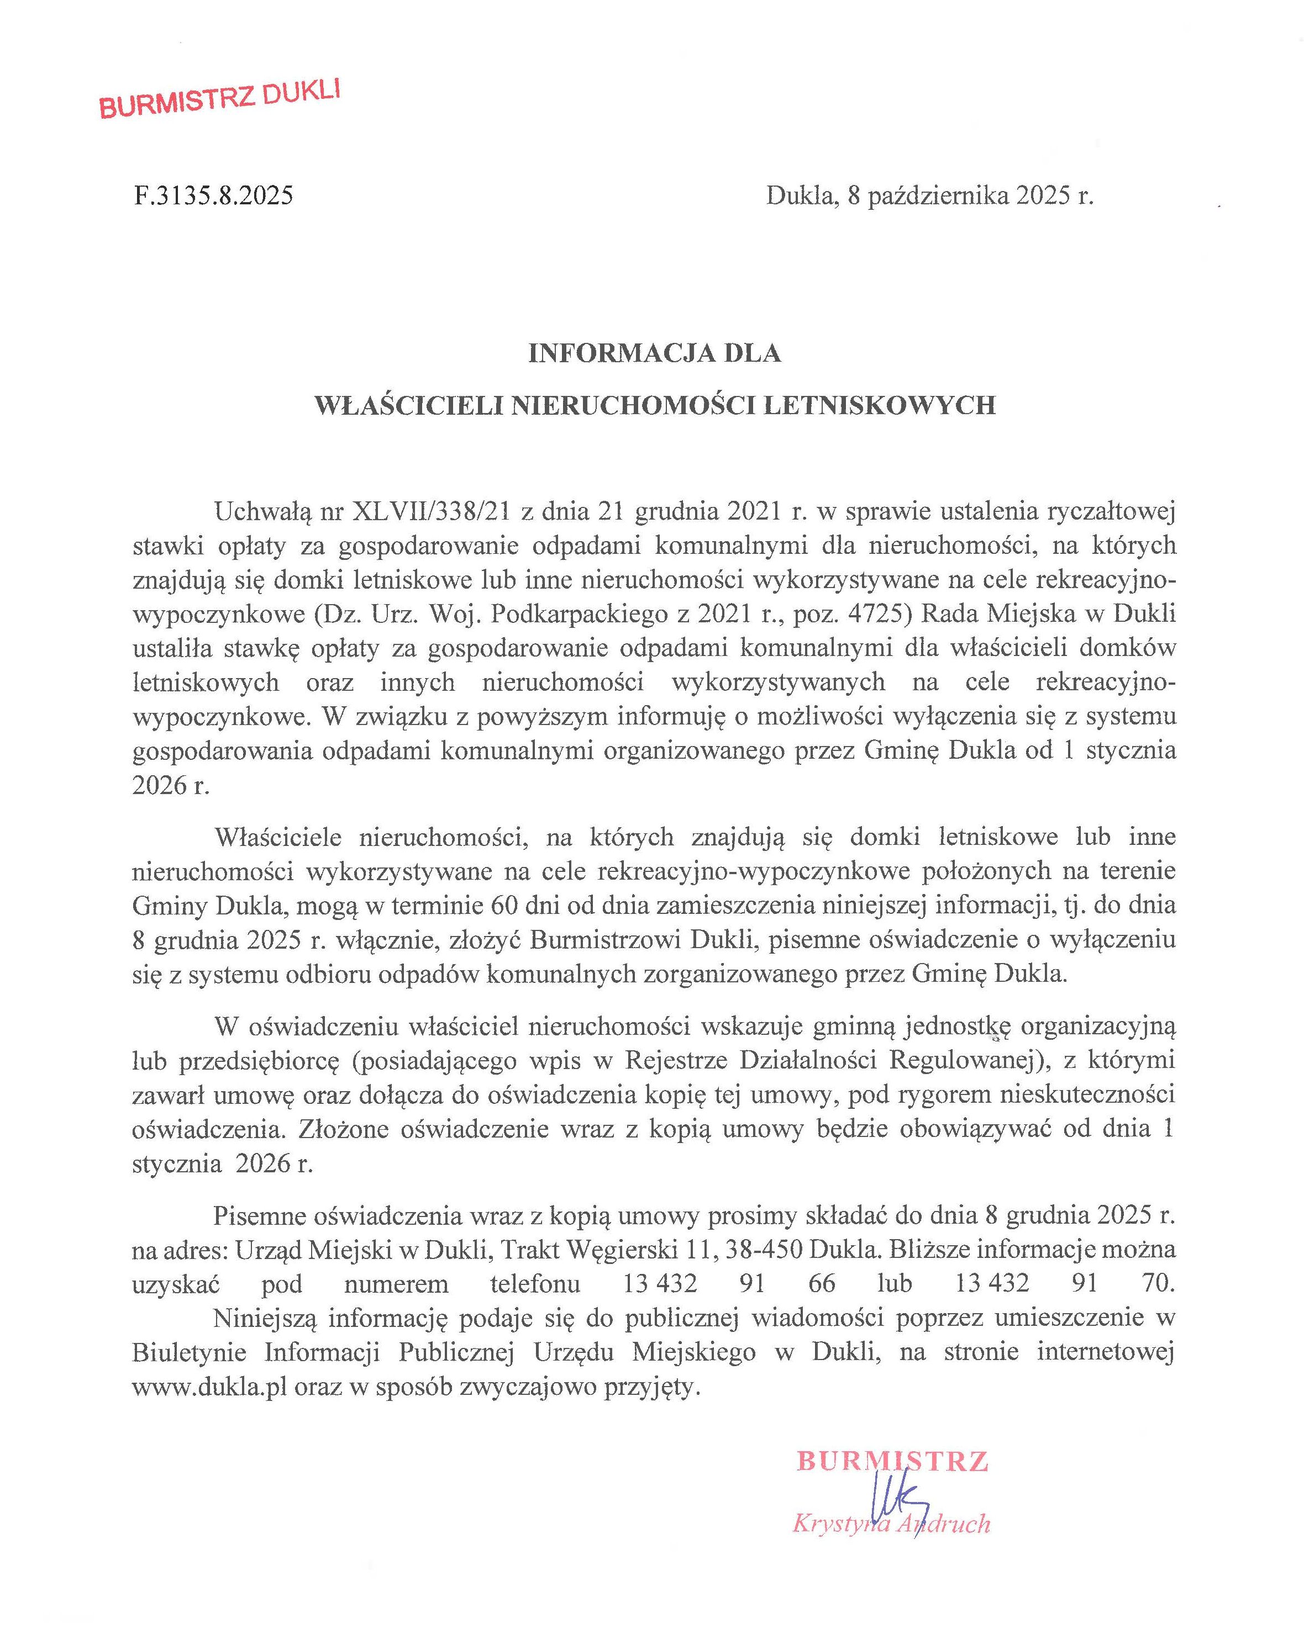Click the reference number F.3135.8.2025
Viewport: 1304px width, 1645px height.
[213, 196]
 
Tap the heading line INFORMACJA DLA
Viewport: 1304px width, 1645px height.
[655, 354]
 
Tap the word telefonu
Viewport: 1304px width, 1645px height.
[535, 1284]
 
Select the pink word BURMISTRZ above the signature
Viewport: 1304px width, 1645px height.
[892, 1461]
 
